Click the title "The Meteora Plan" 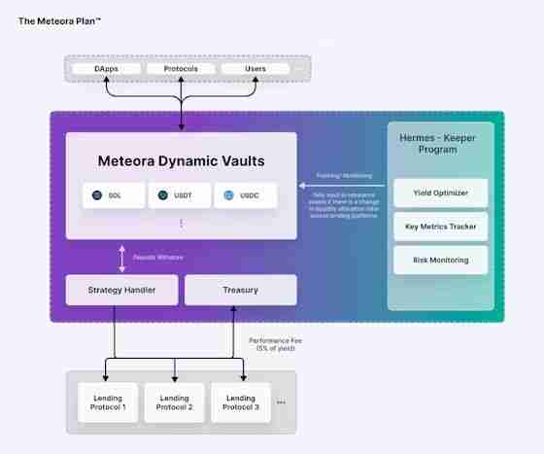point(59,20)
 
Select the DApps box point(107,69)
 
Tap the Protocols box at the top point(181,69)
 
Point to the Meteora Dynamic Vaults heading point(181,160)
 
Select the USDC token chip point(244,195)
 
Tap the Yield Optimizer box point(440,192)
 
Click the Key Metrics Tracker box point(440,227)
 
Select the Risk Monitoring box point(440,260)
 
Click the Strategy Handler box point(121,290)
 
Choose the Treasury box point(240,290)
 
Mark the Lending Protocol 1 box point(108,402)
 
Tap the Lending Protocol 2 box point(174,402)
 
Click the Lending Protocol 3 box point(240,402)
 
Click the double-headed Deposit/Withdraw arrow point(122,258)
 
